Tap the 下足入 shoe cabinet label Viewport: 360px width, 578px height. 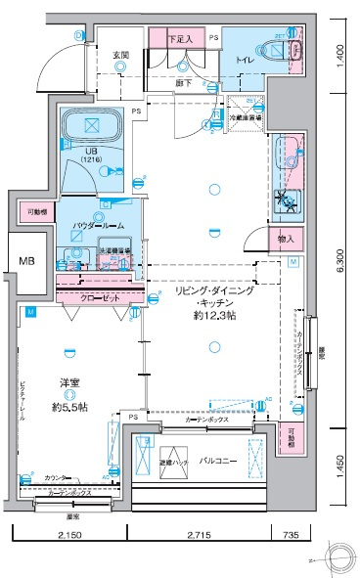(x=180, y=39)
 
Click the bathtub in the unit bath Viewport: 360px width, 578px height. (x=91, y=126)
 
